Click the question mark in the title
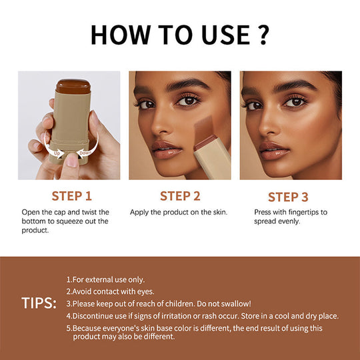click(261, 34)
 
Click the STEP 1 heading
click(71, 196)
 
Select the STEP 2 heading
click(180, 196)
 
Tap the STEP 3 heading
click(288, 197)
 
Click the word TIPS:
click(39, 303)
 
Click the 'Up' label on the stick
click(57, 153)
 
